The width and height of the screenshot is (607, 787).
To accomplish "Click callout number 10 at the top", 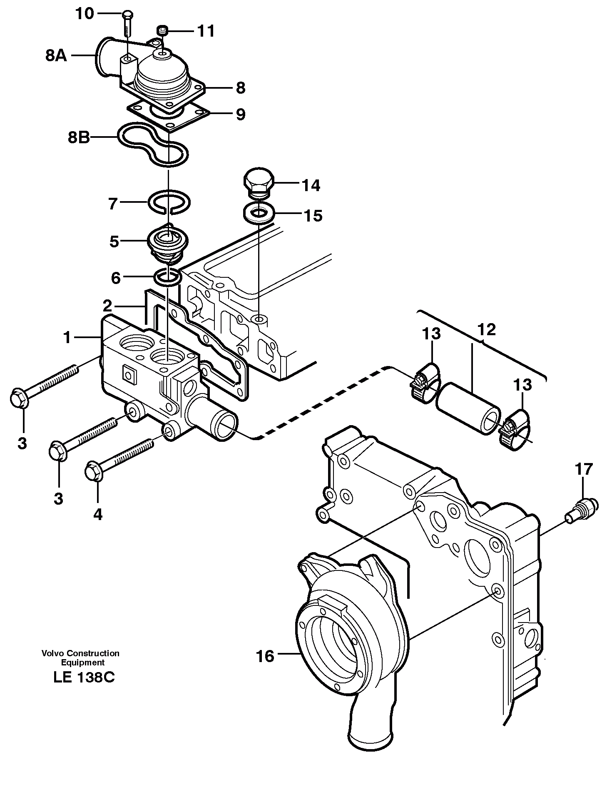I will [x=85, y=14].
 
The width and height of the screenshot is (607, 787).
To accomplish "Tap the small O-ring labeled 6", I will [x=167, y=278].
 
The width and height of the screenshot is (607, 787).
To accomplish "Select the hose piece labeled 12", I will [x=468, y=408].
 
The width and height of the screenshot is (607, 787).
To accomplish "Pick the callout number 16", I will [x=265, y=656].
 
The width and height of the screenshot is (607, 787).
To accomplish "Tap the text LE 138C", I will [x=84, y=677].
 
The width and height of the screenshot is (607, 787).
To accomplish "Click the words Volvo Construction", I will [x=80, y=653].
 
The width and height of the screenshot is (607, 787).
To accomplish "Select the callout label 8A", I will [x=56, y=56].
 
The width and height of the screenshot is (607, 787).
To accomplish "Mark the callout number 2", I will [x=107, y=306].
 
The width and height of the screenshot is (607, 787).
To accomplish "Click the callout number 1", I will [x=67, y=337].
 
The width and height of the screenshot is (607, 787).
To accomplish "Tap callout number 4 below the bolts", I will [x=97, y=515].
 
